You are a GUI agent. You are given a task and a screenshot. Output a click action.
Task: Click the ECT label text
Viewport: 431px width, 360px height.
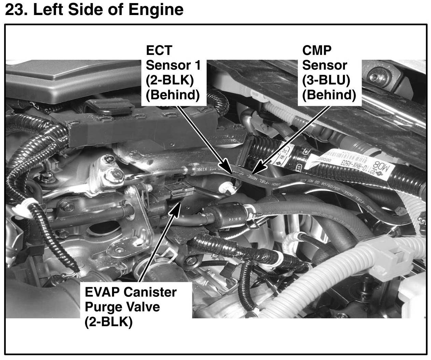[x=159, y=50]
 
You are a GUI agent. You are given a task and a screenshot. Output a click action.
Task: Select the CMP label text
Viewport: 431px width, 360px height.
[x=317, y=50]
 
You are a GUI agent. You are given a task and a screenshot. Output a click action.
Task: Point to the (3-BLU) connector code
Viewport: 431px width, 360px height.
[x=326, y=80]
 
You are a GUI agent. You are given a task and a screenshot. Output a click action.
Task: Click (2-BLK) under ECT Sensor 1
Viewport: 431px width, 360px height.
[x=169, y=80]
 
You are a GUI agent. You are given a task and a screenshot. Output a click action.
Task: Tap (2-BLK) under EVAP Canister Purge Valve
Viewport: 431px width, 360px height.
[x=108, y=321]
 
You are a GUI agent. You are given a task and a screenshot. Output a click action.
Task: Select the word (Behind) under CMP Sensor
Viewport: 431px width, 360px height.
[x=329, y=95]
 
